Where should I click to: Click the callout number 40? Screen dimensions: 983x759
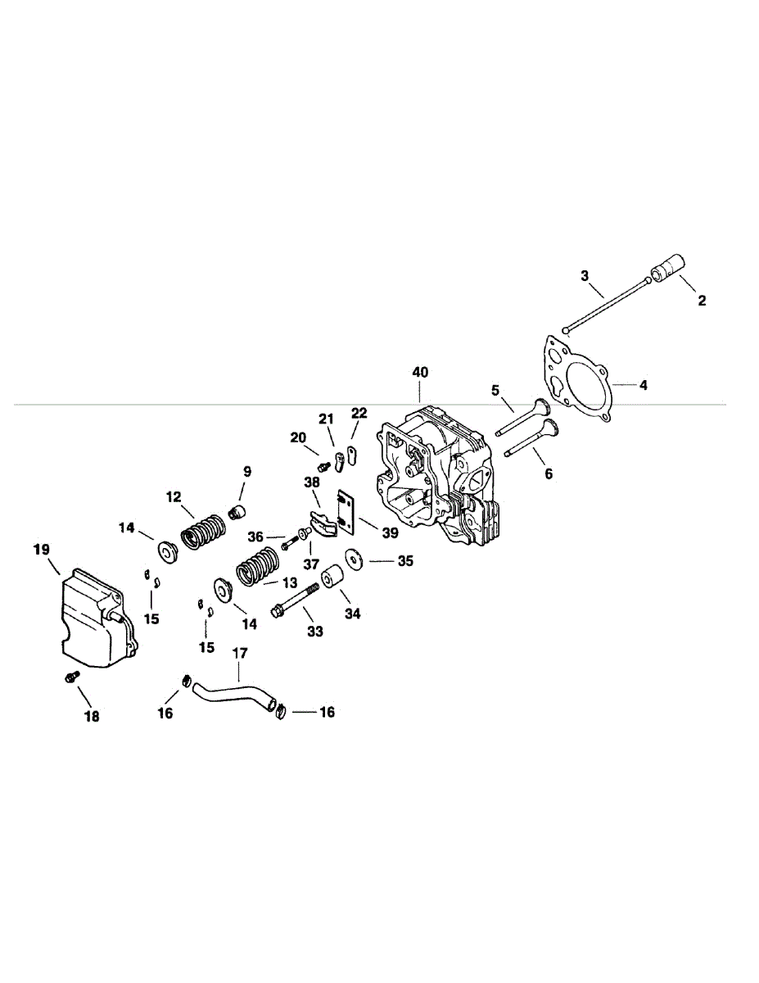click(x=420, y=372)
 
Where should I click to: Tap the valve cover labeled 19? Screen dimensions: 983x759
click(x=90, y=614)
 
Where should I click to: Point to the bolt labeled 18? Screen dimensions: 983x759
click(x=71, y=677)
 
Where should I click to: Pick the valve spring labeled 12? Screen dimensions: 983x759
click(x=202, y=531)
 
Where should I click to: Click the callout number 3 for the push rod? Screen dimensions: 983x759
click(x=585, y=275)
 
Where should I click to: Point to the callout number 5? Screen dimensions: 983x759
click(x=495, y=390)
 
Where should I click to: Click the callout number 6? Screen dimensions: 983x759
click(x=548, y=473)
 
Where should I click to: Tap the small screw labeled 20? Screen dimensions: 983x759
click(x=323, y=466)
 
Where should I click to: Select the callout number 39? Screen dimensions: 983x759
click(x=389, y=532)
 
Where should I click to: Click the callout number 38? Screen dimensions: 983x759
click(x=311, y=482)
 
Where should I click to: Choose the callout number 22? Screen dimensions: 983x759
click(x=359, y=412)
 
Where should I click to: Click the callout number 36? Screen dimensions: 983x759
click(x=255, y=537)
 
